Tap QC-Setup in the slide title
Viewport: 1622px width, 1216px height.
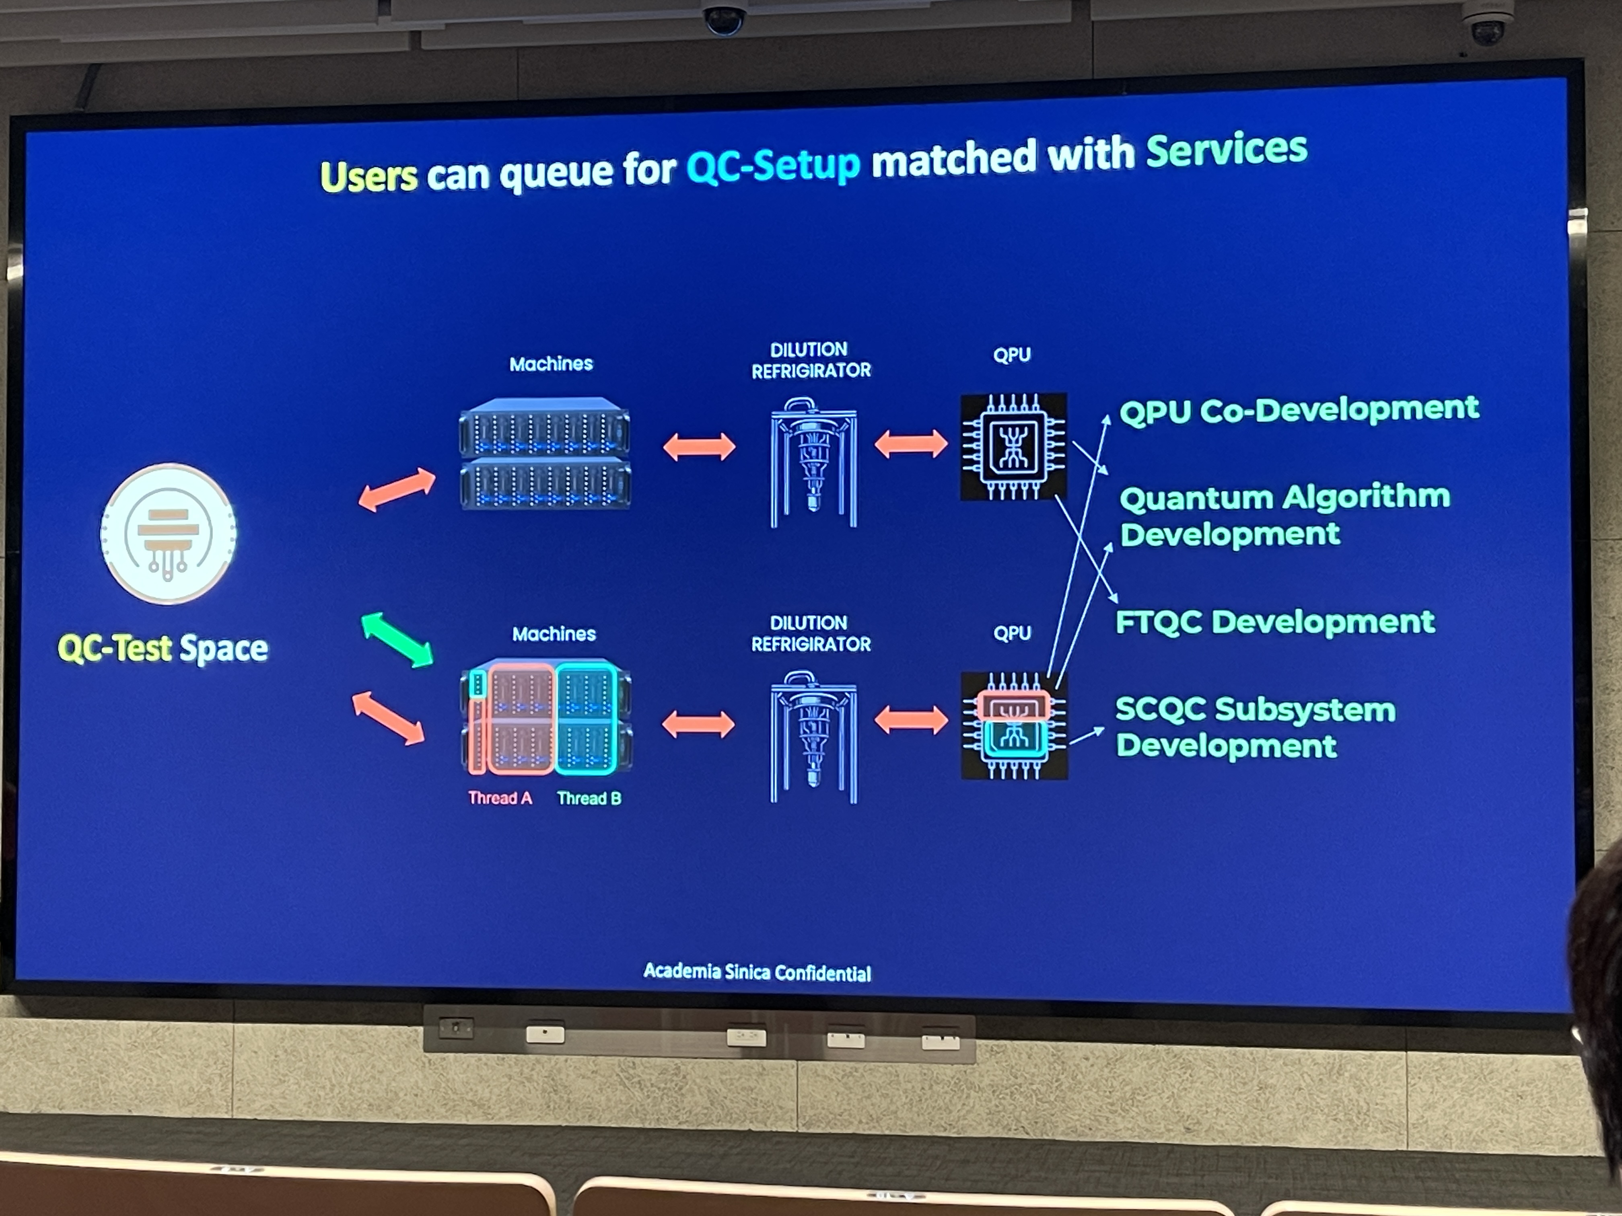pos(773,165)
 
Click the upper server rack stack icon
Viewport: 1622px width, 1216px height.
pos(545,454)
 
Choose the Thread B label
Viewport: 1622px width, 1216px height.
pos(589,798)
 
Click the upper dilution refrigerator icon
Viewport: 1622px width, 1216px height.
pos(813,462)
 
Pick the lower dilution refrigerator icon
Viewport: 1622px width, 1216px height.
pos(813,737)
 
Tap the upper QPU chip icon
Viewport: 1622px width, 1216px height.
pos(1013,446)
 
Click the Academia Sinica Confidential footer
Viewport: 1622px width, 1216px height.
pos(757,972)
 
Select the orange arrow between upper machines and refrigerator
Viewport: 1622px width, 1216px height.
pos(699,446)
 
